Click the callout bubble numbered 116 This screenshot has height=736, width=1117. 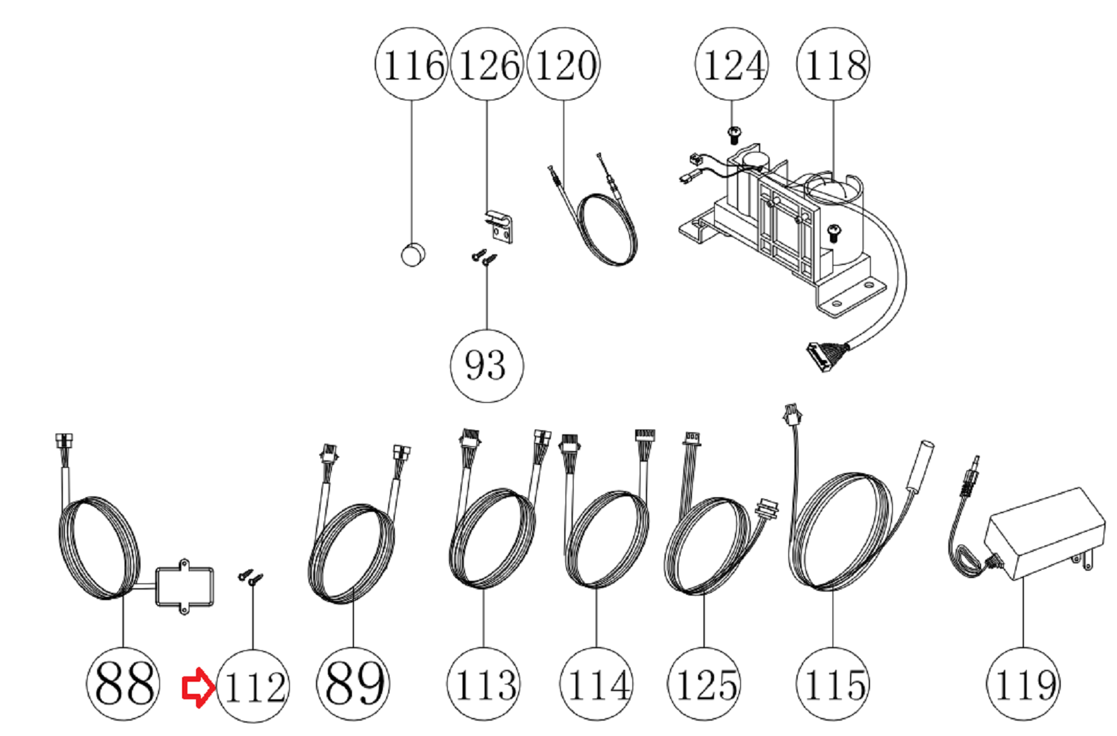click(x=412, y=64)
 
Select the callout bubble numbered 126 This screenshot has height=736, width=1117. click(x=487, y=64)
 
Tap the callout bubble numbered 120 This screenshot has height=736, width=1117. click(x=564, y=64)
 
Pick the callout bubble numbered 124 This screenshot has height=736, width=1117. click(x=732, y=64)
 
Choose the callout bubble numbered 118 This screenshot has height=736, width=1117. click(x=833, y=64)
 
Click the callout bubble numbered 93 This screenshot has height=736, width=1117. click(x=487, y=365)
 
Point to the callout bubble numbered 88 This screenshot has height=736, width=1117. click(x=123, y=684)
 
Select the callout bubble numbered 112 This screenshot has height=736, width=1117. click(x=253, y=686)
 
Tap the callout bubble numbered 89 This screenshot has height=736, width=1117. click(x=353, y=684)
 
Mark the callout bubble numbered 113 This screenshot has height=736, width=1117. click(x=483, y=684)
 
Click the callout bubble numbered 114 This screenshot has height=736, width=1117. click(x=596, y=684)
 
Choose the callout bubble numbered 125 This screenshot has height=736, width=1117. click(x=703, y=684)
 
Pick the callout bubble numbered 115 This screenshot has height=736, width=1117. click(x=833, y=684)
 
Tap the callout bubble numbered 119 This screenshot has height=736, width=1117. click(x=1023, y=684)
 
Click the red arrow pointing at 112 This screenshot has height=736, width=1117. click(x=199, y=687)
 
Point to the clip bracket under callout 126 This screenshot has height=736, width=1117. click(x=499, y=227)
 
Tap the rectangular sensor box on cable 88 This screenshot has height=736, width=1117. click(x=185, y=586)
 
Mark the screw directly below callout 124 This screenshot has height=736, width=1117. click(x=734, y=135)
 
